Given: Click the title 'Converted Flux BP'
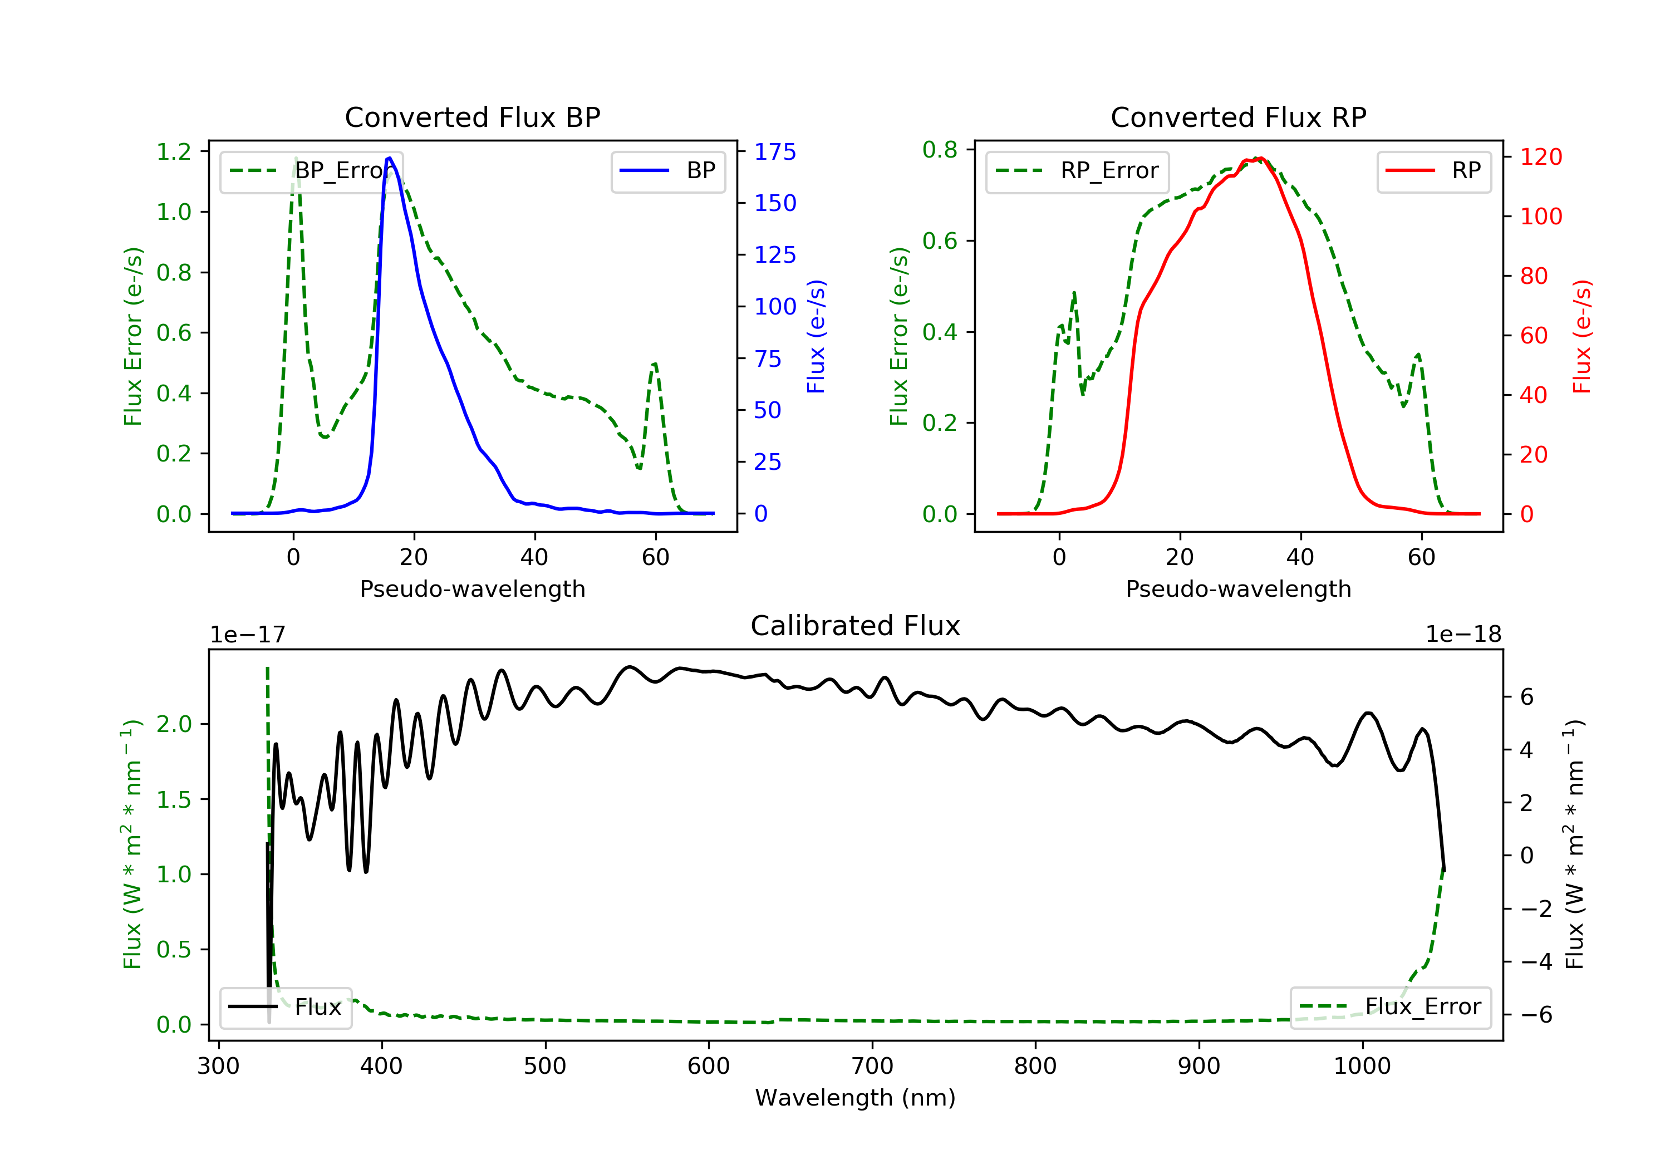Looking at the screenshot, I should pos(472,117).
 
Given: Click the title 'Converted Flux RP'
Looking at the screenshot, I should pos(1238,117).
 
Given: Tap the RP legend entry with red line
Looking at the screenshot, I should pos(1433,171).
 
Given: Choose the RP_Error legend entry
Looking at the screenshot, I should pos(1077,171).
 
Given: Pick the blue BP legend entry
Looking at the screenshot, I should pos(667,171).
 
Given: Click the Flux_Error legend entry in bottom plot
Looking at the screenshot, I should pos(1390,1007).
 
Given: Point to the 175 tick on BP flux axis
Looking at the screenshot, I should pos(775,151).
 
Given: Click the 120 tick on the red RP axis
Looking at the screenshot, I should pos(1540,156).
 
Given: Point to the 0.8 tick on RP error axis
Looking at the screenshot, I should pos(940,149).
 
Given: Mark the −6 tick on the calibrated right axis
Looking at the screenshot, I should pos(1536,1015).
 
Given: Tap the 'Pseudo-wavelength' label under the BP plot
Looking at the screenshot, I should pos(472,588).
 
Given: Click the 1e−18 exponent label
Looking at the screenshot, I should pos(1463,635).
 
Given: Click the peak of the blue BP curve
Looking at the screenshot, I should pos(390,158).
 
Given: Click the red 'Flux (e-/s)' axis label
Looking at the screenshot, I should pos(1582,336).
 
